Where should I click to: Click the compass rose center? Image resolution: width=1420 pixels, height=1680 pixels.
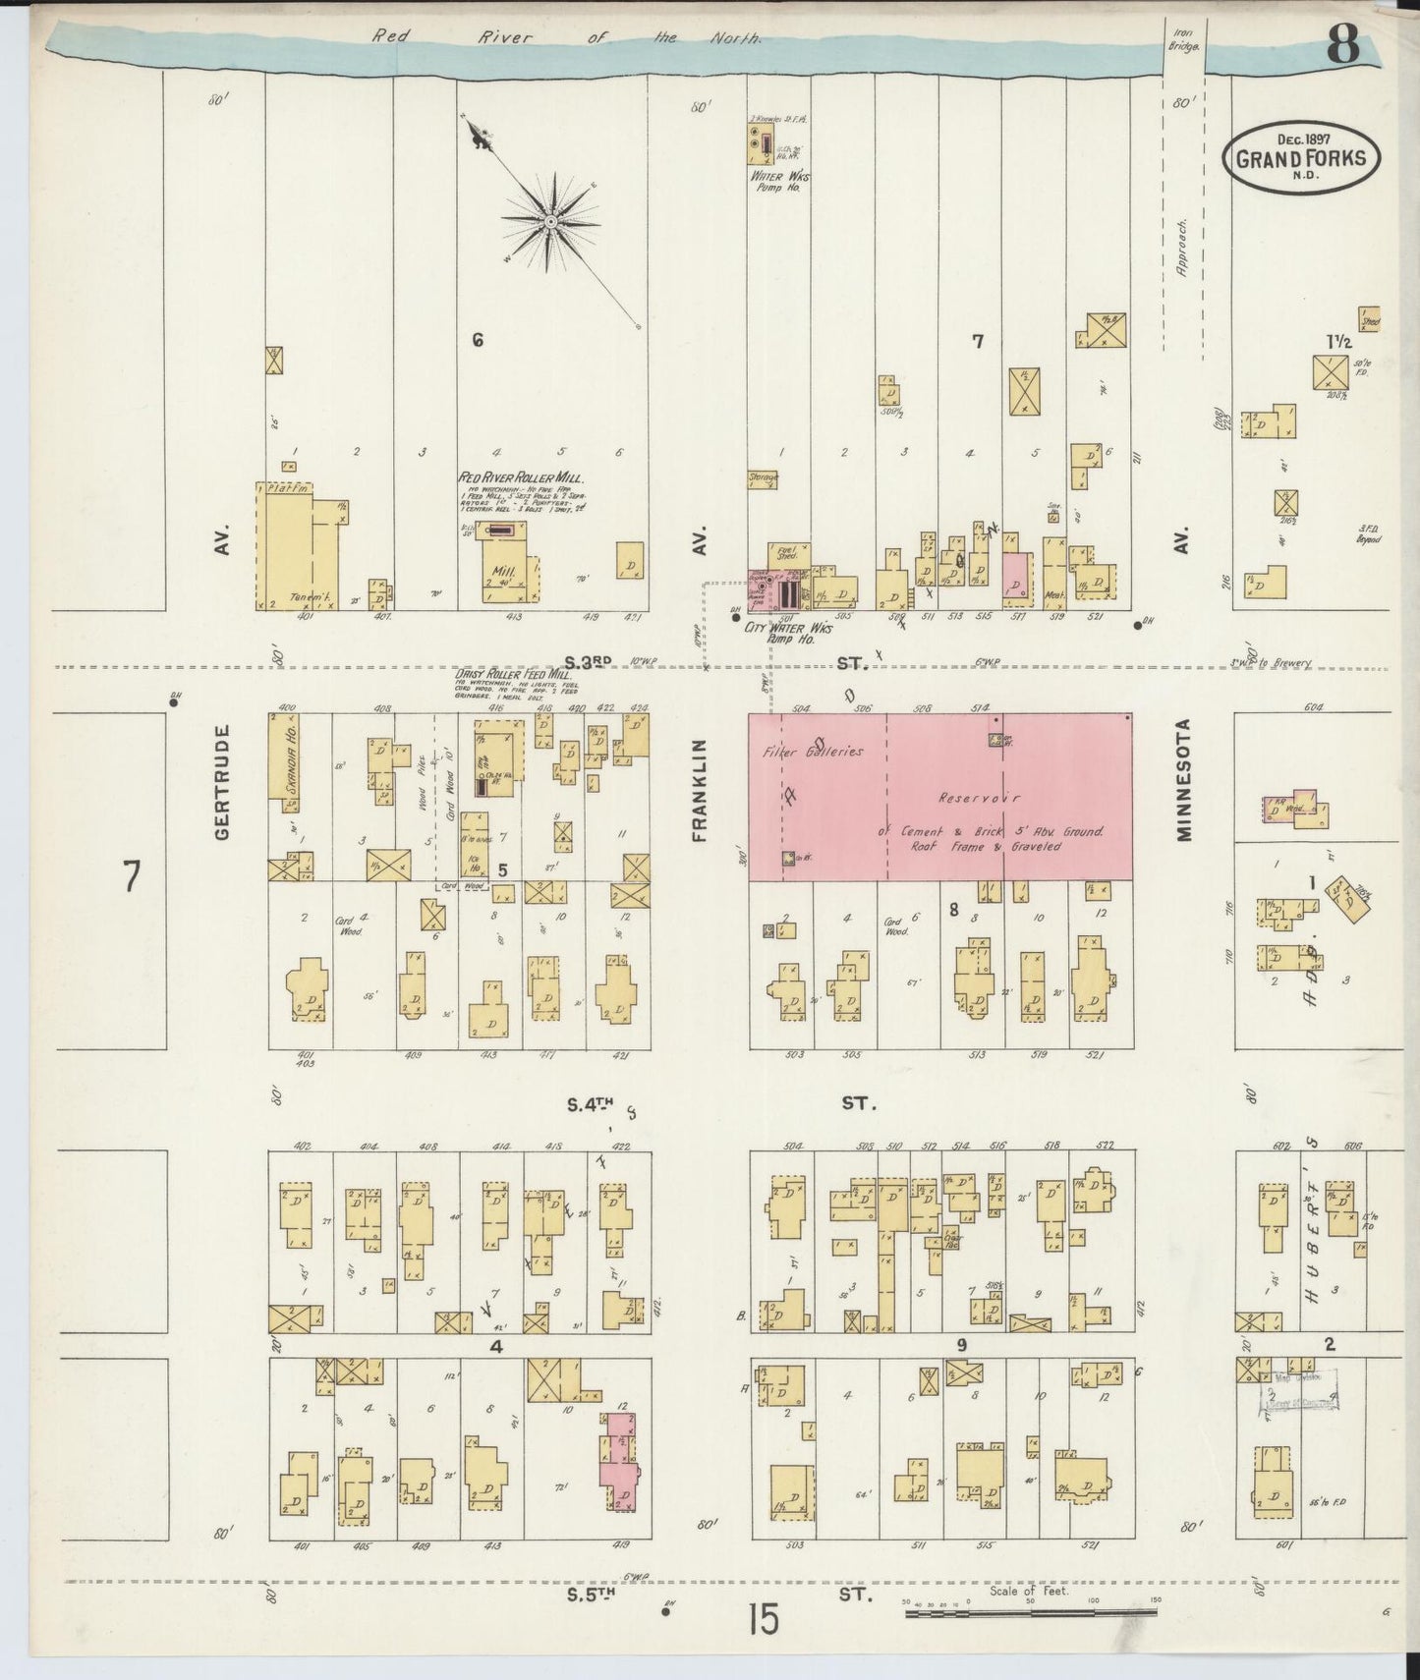[x=551, y=222]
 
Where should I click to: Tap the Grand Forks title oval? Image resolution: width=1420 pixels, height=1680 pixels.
[x=1301, y=157]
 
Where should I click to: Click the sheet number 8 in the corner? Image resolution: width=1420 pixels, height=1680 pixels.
[x=1343, y=45]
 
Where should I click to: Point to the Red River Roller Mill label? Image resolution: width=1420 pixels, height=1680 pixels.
[x=521, y=477]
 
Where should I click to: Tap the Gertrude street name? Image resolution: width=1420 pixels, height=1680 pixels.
[x=221, y=782]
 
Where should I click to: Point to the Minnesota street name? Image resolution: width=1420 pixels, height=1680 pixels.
[x=1183, y=780]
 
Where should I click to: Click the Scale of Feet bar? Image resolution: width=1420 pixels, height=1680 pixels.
[x=1032, y=1612]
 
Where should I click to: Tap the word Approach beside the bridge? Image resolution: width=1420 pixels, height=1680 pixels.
[x=1182, y=248]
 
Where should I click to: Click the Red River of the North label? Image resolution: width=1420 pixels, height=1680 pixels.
[x=565, y=38]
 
